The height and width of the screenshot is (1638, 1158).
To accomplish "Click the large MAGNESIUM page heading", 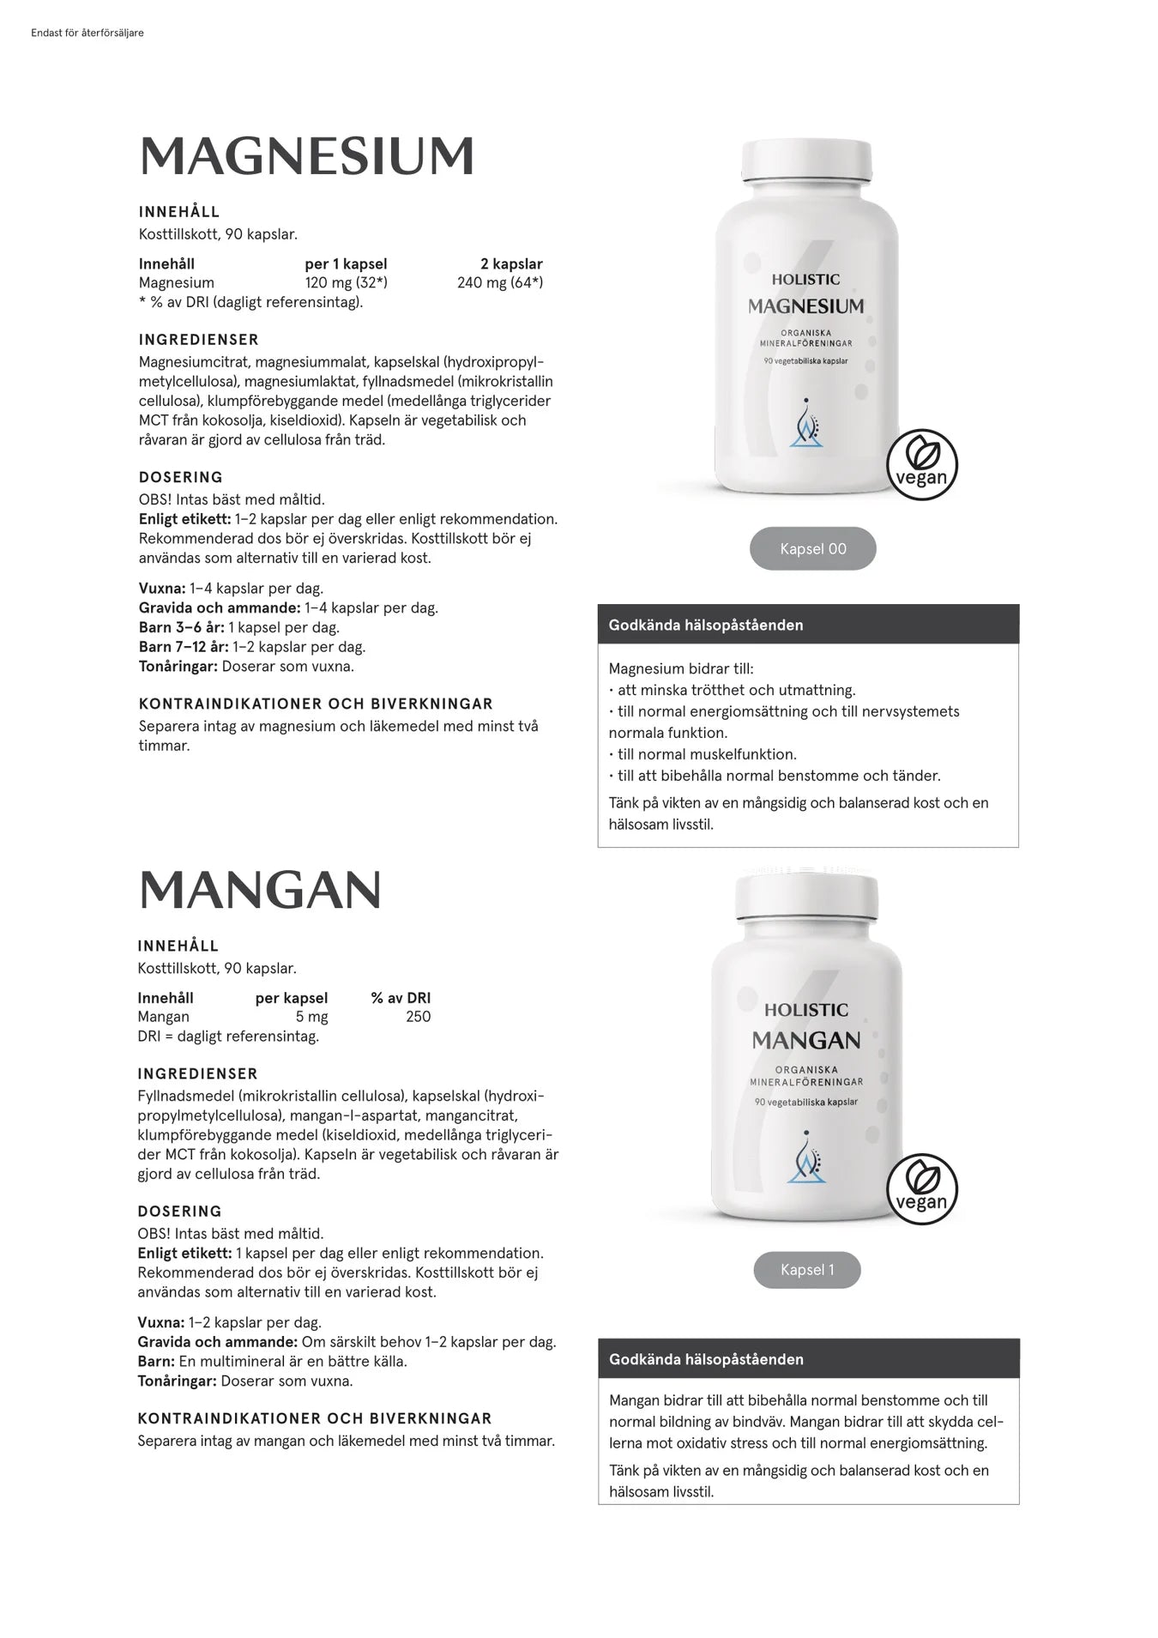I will (306, 156).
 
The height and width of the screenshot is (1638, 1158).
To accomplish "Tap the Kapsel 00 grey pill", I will (812, 549).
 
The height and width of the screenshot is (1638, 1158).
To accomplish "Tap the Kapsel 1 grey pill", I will (806, 1270).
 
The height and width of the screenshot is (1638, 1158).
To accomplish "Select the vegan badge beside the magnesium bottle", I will (921, 465).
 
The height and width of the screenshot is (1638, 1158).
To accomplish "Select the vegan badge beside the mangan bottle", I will (921, 1189).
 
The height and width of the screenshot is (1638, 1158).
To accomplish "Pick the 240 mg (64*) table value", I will (499, 283).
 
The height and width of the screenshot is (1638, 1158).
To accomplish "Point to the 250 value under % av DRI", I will (418, 1017).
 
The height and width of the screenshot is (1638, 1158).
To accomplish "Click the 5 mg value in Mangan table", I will (311, 1017).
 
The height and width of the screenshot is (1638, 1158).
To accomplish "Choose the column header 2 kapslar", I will (511, 264).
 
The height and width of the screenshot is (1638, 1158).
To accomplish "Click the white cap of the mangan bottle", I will (806, 892).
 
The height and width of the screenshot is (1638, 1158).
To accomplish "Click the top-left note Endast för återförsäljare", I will (87, 33).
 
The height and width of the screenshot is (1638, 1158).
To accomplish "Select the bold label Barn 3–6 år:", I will (182, 627).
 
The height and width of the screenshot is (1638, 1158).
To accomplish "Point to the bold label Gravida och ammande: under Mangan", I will (218, 1342).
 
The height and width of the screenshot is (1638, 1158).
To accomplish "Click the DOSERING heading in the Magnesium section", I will (180, 477).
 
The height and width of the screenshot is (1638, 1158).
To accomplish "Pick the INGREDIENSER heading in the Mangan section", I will (197, 1074).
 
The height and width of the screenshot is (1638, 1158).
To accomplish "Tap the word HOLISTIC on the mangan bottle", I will (806, 1010).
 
